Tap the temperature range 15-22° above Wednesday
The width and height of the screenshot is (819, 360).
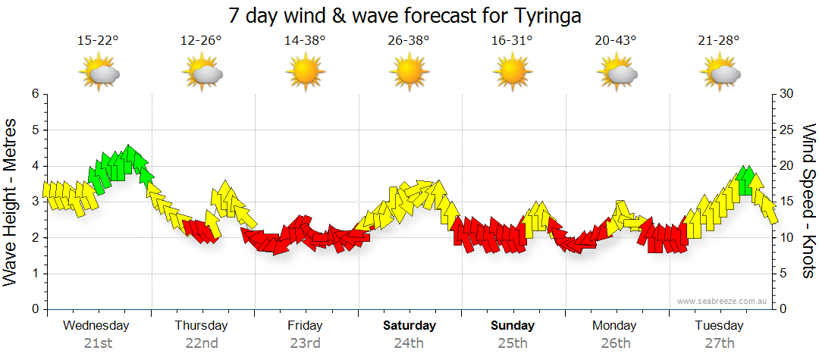(98, 40)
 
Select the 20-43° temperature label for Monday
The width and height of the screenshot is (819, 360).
(616, 40)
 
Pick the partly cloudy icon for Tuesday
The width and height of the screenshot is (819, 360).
(720, 74)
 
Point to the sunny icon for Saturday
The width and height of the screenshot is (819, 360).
(409, 74)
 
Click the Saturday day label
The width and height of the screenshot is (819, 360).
(409, 326)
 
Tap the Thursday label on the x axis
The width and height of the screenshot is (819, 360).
(201, 326)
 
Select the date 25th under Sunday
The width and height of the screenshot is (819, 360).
(513, 343)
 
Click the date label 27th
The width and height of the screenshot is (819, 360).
(720, 343)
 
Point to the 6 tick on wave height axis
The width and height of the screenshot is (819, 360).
(35, 94)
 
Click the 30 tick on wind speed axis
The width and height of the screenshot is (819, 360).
(787, 94)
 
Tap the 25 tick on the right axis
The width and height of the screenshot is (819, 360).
(787, 130)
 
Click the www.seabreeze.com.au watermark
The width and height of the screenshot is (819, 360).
(722, 301)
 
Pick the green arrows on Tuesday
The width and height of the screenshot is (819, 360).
(745, 180)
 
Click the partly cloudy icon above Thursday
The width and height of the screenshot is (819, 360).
(201, 74)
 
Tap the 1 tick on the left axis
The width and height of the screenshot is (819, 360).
(35, 274)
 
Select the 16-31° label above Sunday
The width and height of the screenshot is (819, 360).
(513, 40)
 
